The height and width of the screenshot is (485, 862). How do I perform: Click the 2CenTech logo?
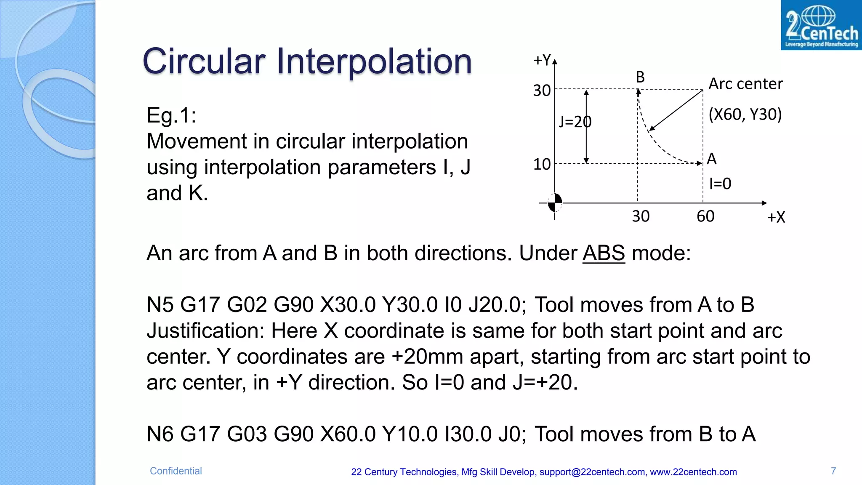point(821,25)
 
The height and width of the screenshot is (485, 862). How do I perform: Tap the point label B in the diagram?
point(640,77)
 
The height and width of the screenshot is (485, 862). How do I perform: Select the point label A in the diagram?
point(712,159)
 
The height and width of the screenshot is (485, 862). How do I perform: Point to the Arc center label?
point(745,84)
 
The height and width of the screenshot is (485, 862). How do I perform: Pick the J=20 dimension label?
point(575,122)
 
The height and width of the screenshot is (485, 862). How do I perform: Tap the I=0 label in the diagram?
point(720,184)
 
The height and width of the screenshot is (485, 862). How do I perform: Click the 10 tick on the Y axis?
point(542,164)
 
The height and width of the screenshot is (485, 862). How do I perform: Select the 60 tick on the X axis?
point(705,216)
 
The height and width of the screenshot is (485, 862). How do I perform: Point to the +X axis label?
point(776,217)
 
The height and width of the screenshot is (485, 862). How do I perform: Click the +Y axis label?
point(543,60)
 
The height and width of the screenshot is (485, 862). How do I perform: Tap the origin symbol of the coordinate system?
point(555,203)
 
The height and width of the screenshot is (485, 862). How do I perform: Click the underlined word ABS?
point(604,253)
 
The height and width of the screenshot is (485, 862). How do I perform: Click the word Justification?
point(205,331)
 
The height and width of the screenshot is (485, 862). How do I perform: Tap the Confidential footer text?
point(176,471)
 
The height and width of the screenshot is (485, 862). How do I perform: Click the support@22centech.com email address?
point(592,472)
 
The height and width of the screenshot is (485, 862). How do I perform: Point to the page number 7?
point(833,471)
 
